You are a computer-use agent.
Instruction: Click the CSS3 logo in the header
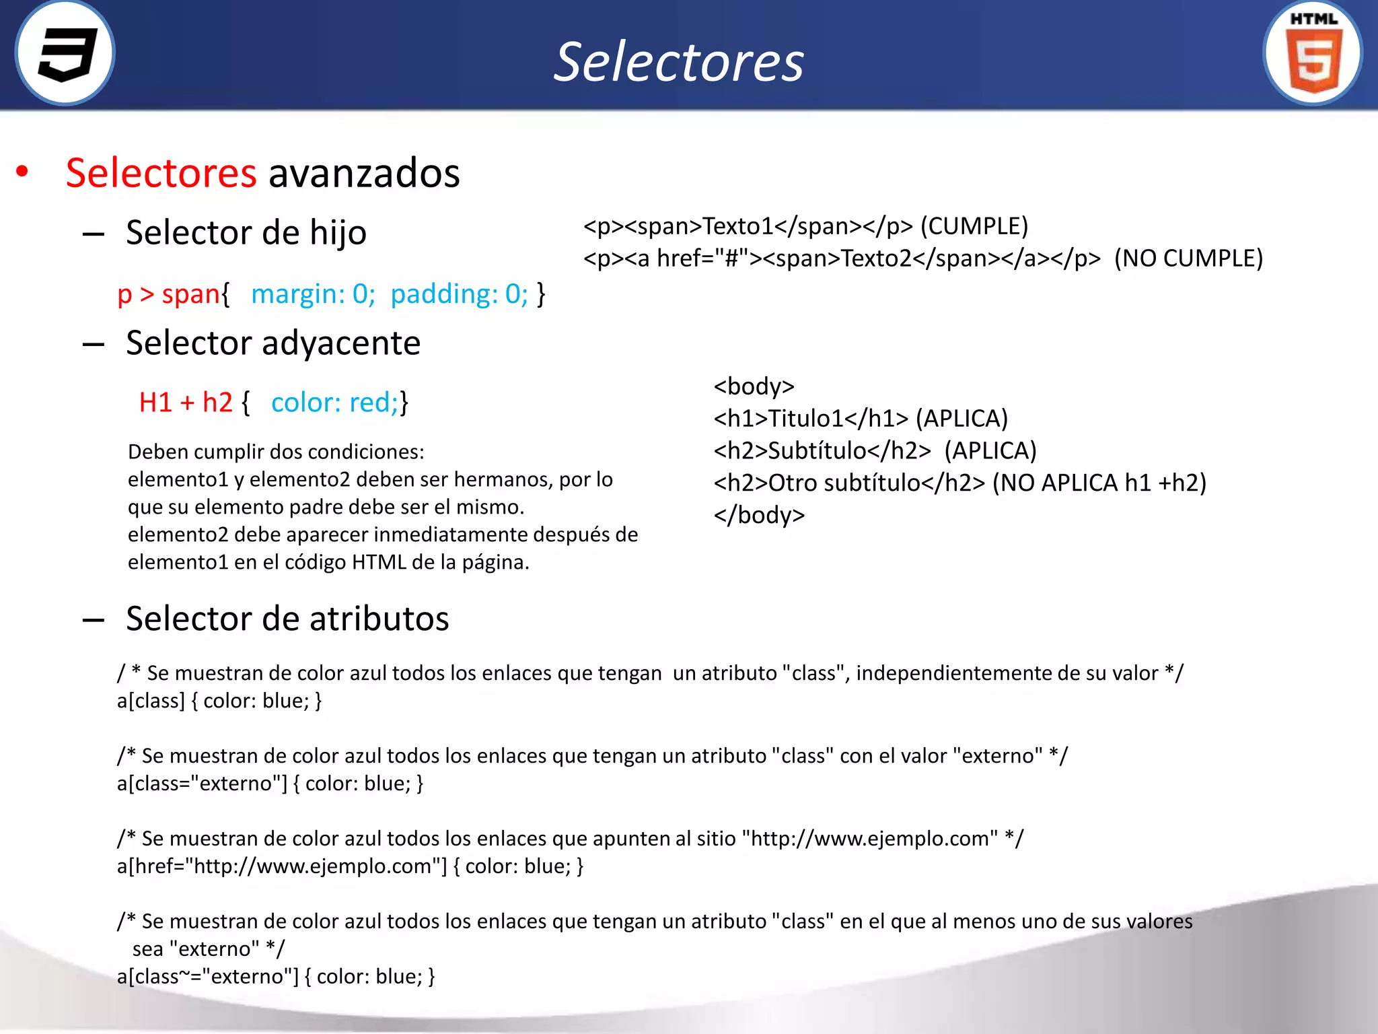click(x=65, y=54)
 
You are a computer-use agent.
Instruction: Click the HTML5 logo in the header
click(x=1313, y=54)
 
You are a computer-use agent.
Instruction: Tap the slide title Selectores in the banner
click(x=678, y=62)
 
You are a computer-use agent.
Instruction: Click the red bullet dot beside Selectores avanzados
click(x=22, y=172)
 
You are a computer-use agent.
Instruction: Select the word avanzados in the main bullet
click(x=364, y=173)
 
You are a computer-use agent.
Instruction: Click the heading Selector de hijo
click(x=246, y=233)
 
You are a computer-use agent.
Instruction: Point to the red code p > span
click(x=168, y=294)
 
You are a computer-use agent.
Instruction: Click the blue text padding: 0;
click(x=460, y=294)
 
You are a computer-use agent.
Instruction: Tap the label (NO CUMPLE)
click(x=1188, y=258)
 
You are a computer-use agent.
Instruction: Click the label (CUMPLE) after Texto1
click(x=974, y=226)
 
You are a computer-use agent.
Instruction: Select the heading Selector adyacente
click(x=273, y=343)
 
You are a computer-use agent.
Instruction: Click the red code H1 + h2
click(x=186, y=403)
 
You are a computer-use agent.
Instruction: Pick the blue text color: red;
click(x=335, y=403)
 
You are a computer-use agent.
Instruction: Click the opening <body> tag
click(x=754, y=386)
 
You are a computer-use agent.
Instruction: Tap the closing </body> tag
click(x=759, y=515)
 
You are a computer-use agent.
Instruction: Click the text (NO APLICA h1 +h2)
click(x=1099, y=483)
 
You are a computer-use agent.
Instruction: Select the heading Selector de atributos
click(x=287, y=619)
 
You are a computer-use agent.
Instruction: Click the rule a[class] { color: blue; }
click(x=219, y=701)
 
